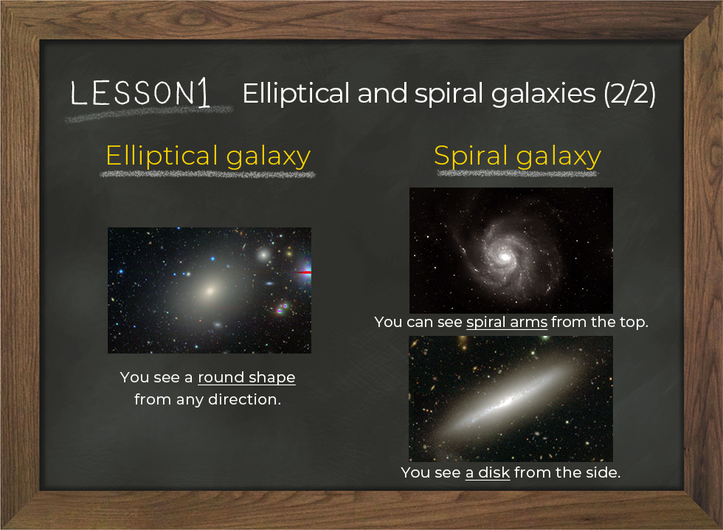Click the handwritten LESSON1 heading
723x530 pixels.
[x=140, y=93]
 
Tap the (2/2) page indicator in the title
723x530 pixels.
[x=629, y=94]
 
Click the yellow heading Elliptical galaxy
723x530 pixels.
[x=208, y=156]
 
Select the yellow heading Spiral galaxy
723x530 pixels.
[x=517, y=156]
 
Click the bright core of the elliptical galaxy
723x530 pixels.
[x=210, y=291]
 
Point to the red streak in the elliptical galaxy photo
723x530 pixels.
[x=302, y=273]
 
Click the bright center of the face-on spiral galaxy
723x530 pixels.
[x=505, y=256]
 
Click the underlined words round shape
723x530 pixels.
[x=246, y=378]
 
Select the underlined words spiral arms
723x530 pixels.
[x=507, y=322]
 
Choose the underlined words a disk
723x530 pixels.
[x=488, y=473]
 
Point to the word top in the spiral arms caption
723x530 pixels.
[x=634, y=323]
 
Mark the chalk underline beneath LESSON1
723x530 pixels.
[x=149, y=114]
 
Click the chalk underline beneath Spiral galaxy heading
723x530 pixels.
[x=517, y=173]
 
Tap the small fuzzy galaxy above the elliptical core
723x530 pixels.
[x=264, y=253]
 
